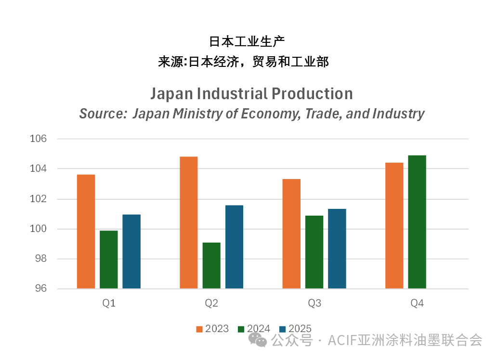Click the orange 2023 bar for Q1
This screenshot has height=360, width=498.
86,231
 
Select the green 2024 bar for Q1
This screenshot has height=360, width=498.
108,260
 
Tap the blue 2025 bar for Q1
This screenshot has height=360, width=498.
131,252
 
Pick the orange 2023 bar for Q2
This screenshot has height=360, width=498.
189,223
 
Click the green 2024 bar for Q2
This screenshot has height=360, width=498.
211,266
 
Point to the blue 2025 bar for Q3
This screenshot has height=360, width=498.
337,249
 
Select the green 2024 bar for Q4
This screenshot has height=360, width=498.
417,222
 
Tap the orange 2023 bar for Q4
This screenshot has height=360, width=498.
394,226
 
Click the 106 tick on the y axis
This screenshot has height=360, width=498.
39,139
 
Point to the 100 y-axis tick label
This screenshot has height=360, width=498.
39,229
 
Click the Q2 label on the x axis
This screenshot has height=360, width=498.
211,304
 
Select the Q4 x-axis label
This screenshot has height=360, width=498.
417,304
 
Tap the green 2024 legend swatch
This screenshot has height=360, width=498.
241,329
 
